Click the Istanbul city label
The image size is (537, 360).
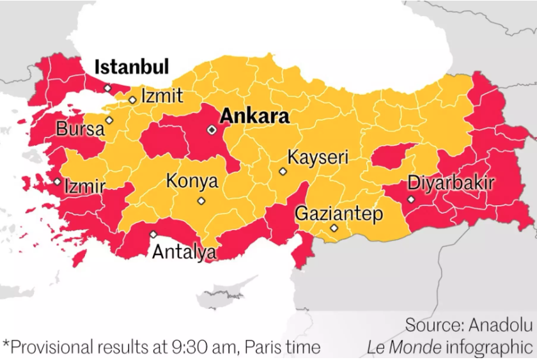(x=132, y=67)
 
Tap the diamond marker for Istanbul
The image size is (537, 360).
(x=107, y=88)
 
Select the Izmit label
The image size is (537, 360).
(x=162, y=97)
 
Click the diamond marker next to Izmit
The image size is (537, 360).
(x=132, y=100)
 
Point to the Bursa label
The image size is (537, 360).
(x=80, y=129)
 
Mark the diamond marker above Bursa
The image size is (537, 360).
(x=109, y=120)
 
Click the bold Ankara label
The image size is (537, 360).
(x=254, y=117)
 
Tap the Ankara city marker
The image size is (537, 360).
(x=212, y=130)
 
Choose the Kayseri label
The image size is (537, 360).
(x=318, y=157)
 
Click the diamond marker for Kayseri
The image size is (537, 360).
(x=283, y=171)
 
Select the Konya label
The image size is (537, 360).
(x=192, y=182)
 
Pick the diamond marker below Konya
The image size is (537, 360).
(x=201, y=201)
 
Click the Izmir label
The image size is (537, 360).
(x=85, y=187)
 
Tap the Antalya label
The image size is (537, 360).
(x=184, y=252)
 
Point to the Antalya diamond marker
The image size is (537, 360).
(x=153, y=234)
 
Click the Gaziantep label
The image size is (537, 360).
(x=339, y=214)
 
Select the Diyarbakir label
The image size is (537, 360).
(x=451, y=184)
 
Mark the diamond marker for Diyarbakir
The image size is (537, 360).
(x=411, y=200)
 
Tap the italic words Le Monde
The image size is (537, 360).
(x=403, y=348)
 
